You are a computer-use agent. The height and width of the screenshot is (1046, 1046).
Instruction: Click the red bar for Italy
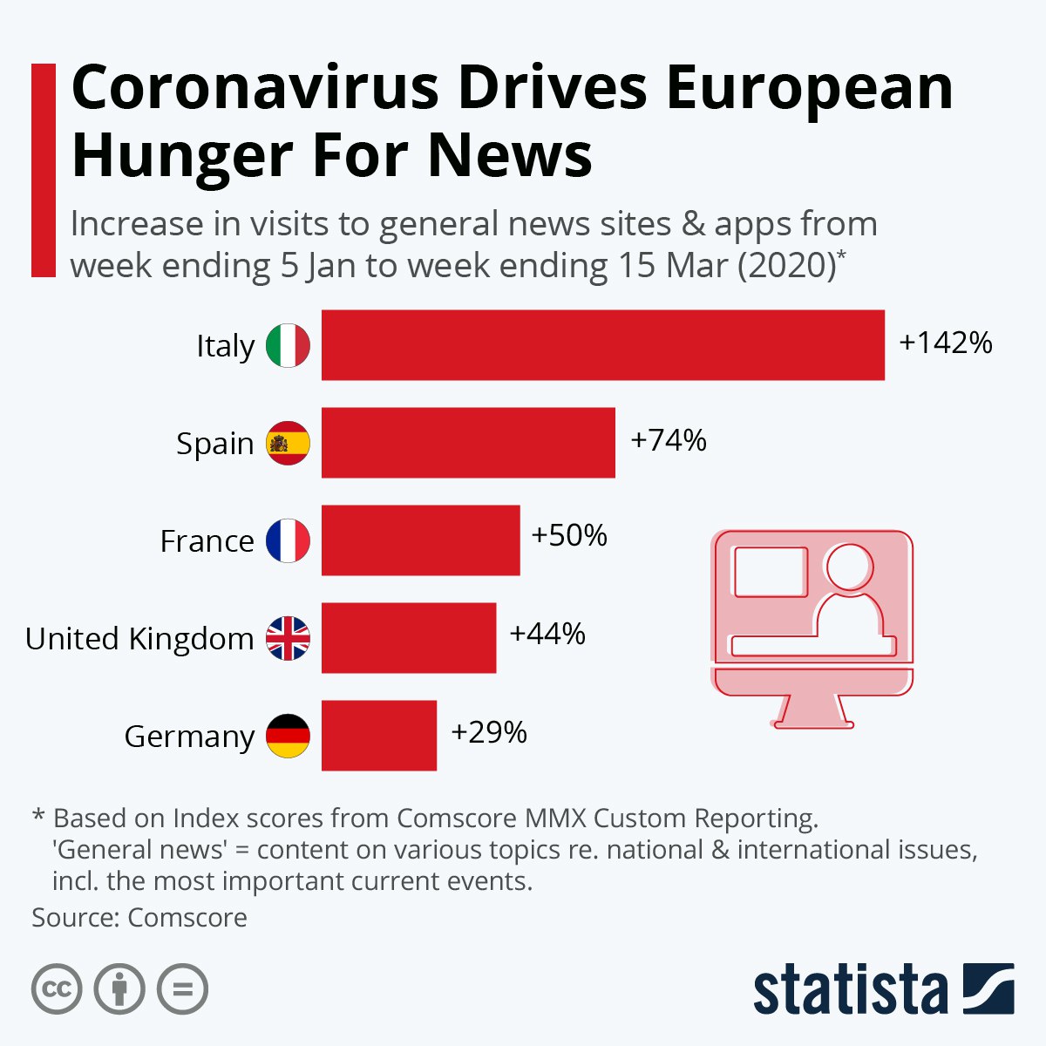(x=603, y=345)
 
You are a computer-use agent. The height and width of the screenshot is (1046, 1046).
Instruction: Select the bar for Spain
(x=468, y=443)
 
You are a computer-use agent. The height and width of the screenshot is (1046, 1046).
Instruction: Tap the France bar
(x=420, y=540)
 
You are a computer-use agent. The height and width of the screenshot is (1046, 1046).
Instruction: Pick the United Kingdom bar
(x=409, y=638)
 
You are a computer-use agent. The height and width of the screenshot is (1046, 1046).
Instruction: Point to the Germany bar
(x=379, y=736)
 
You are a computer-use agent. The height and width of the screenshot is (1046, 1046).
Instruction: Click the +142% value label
(x=946, y=343)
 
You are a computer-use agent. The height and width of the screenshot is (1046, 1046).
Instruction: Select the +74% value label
(x=669, y=441)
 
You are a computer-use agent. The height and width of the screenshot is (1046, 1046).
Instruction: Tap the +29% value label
(x=489, y=732)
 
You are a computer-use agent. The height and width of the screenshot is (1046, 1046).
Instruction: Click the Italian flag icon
(x=288, y=345)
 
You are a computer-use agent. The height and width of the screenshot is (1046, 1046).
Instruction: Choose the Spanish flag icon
(x=288, y=443)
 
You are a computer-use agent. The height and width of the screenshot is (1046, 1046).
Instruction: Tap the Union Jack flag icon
(x=288, y=638)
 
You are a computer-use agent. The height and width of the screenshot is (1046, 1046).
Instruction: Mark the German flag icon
(x=288, y=736)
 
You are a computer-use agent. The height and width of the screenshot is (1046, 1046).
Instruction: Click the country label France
(x=207, y=541)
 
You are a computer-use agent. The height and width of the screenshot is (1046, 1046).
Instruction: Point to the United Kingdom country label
(x=139, y=639)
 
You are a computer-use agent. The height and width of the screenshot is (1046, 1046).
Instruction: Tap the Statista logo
(x=883, y=990)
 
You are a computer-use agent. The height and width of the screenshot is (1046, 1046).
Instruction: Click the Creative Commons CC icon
(x=57, y=989)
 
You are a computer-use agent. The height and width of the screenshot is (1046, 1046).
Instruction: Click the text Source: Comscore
(x=139, y=918)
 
